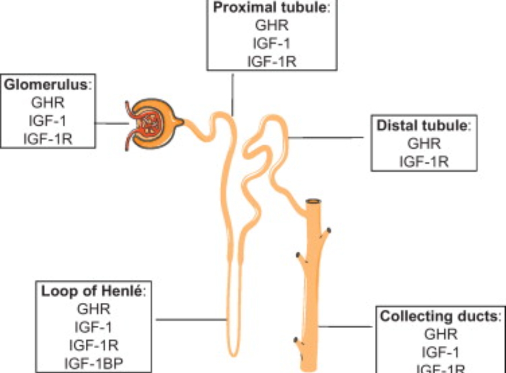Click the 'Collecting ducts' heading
pos(440,316)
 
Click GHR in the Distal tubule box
pos(424,143)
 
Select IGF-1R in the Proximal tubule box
pos(272,61)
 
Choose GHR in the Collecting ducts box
pos(440,334)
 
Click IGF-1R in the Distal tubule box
pos(424,161)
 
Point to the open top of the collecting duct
pos(313,202)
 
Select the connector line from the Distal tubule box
pos(328,138)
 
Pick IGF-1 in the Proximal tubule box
pos(272,44)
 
